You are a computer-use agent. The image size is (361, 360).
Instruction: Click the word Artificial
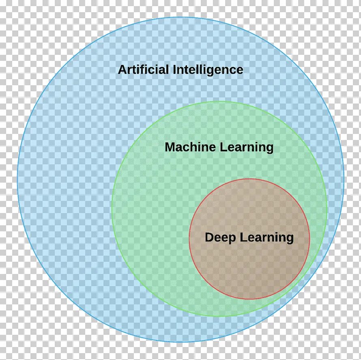tap(144, 69)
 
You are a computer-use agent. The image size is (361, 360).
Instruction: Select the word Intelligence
tap(208, 70)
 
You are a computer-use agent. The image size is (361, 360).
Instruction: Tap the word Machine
tap(190, 147)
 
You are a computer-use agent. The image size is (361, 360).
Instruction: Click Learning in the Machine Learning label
tap(247, 147)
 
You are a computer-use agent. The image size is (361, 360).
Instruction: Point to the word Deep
tap(220, 237)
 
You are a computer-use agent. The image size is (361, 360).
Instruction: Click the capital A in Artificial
tap(122, 69)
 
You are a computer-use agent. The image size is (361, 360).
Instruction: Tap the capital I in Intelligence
tap(175, 69)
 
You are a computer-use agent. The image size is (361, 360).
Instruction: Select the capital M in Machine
tap(170, 147)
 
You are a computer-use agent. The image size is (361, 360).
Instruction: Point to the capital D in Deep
tap(209, 237)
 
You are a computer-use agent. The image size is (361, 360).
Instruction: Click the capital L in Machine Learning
tap(223, 147)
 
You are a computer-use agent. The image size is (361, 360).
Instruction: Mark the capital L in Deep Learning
tap(243, 237)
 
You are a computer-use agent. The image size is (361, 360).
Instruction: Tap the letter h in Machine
tap(196, 147)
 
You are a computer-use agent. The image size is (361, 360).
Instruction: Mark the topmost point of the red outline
tap(249, 179)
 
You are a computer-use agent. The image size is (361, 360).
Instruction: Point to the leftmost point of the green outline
tap(112, 209)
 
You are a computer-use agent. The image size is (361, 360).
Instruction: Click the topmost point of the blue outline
tap(180, 17)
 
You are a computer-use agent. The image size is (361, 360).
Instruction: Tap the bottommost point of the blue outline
tap(180, 342)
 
